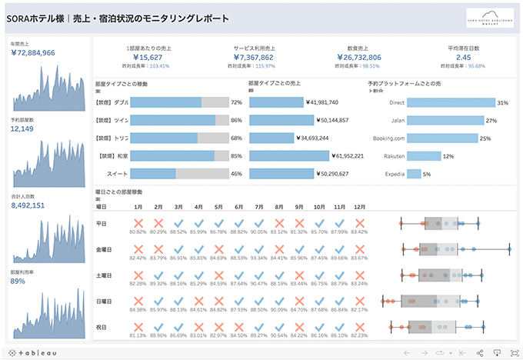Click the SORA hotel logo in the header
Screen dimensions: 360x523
490,17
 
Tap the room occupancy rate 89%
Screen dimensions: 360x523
18,281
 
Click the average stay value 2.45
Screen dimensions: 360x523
464,57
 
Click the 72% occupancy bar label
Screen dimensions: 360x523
236,102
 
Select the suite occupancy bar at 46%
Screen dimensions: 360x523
176,174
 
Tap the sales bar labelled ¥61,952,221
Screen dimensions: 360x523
289,156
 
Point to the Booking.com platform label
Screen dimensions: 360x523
388,138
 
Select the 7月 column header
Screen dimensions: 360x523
259,207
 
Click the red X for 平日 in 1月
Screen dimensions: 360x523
138,222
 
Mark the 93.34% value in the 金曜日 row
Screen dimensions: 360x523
259,258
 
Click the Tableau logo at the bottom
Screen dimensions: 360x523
31,352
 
